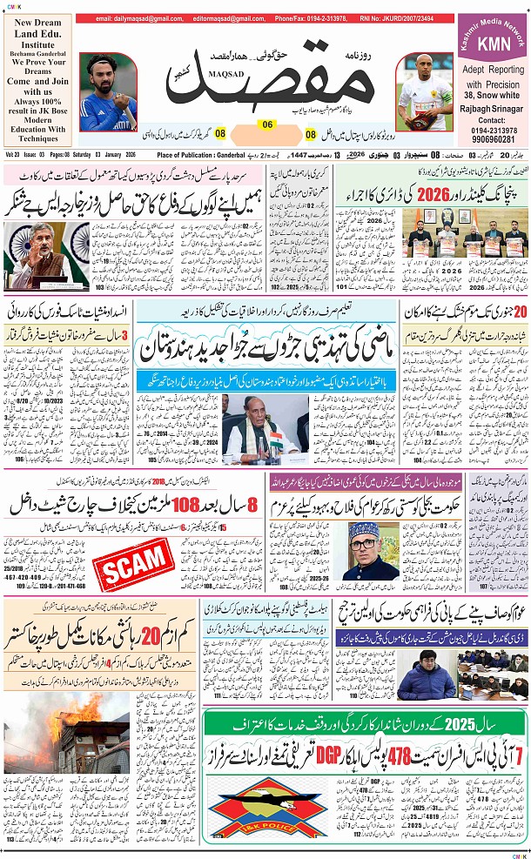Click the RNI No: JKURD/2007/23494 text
point(407,18)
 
